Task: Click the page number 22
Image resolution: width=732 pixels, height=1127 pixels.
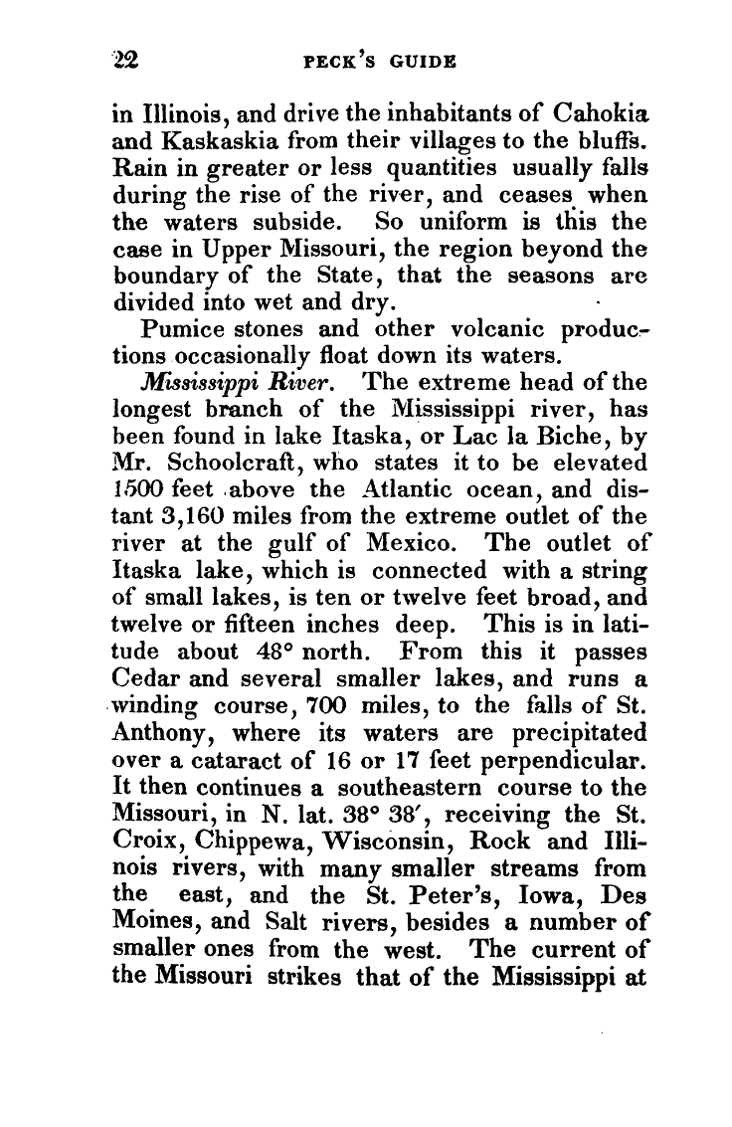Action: (x=128, y=60)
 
